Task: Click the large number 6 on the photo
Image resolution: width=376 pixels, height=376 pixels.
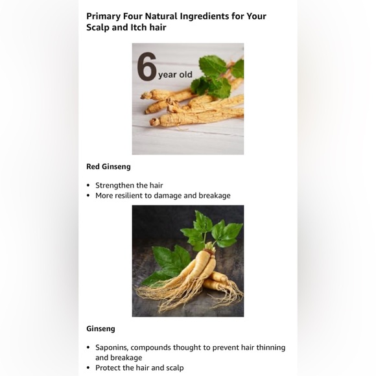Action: pos(147,67)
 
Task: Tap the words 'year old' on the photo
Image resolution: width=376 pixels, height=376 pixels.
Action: pos(175,75)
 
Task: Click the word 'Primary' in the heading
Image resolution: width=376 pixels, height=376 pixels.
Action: pos(103,17)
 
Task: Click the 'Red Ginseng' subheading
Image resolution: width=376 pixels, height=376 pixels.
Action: pos(108,167)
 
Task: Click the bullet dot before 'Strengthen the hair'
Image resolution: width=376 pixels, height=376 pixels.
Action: pos(88,185)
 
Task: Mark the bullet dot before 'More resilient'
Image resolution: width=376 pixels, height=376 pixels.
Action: pos(88,196)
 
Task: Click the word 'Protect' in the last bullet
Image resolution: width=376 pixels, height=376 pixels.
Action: pos(107,368)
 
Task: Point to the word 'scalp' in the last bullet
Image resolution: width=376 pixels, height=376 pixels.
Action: pos(174,368)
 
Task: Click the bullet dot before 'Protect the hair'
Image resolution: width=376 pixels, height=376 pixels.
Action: pos(88,368)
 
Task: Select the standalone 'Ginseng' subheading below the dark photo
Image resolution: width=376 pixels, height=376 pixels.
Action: pos(100,329)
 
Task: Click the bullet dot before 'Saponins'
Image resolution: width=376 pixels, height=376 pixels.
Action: pos(88,347)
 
